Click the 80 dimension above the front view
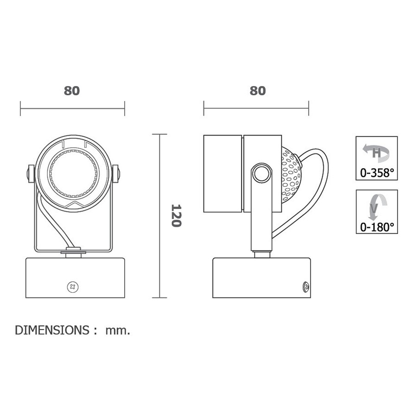click(72, 91)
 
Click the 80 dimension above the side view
click(258, 91)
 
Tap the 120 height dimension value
click(176, 215)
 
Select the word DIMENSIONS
click(52, 330)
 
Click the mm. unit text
click(118, 330)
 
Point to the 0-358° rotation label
click(377, 173)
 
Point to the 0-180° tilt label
click(377, 227)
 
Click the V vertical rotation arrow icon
click(377, 207)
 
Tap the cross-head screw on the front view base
click(73, 287)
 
